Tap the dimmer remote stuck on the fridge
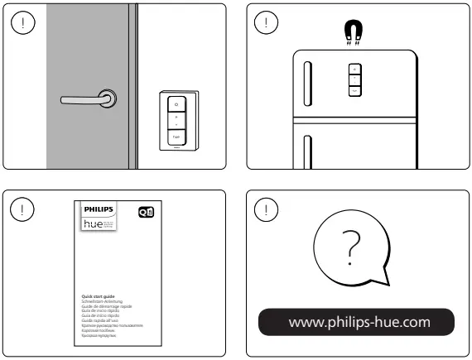(354, 79)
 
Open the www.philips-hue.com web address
(355, 321)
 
